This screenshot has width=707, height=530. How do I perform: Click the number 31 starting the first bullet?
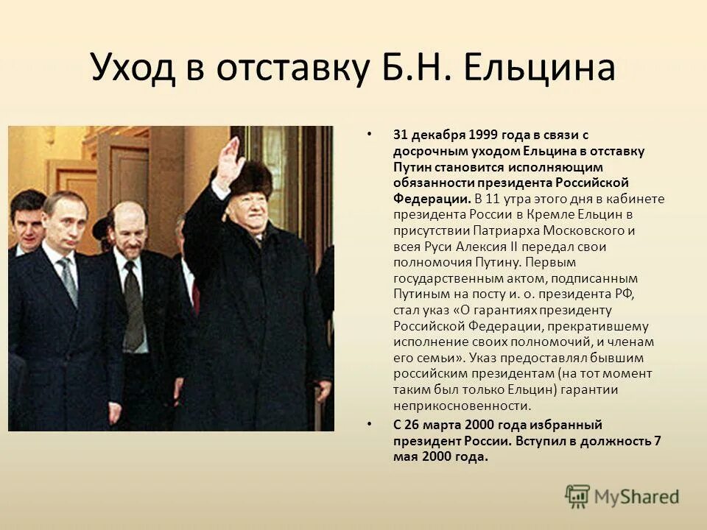pos(400,135)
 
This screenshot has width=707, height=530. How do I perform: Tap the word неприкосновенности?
pos(461,406)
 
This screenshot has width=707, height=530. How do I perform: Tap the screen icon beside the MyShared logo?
pos(577,496)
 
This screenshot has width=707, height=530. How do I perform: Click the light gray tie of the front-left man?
pos(68,280)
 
